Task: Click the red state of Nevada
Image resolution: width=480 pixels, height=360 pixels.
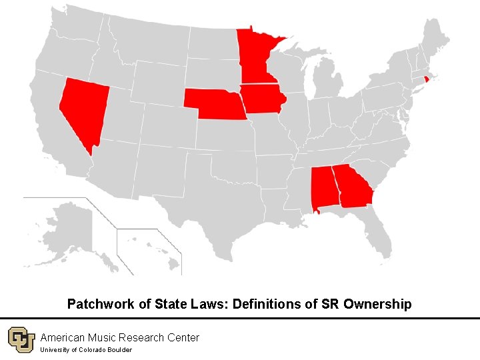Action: pos(82,107)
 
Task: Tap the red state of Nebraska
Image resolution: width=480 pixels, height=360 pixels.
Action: pos(213,103)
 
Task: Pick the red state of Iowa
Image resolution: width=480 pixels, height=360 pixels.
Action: pos(262,99)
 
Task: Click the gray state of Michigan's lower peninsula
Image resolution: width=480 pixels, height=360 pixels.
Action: pos(327,83)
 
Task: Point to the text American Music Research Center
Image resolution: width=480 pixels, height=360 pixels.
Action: pos(120,337)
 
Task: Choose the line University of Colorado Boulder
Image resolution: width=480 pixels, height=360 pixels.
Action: pos(86,350)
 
